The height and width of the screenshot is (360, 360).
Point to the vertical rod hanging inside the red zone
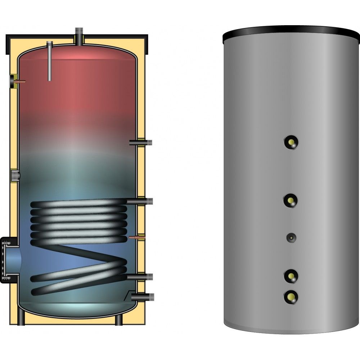[x=50, y=61]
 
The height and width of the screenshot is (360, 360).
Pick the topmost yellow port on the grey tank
[x=291, y=142]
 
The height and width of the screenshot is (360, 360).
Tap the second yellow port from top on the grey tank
[x=291, y=200]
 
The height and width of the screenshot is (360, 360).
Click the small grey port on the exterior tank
[x=291, y=237]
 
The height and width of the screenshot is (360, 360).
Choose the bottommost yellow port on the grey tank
[x=291, y=296]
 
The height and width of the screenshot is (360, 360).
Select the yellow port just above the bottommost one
[x=291, y=276]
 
